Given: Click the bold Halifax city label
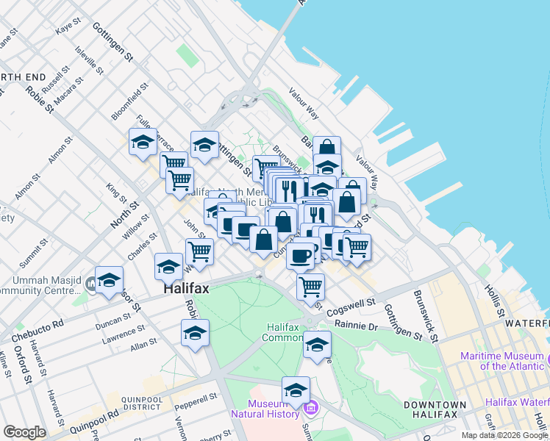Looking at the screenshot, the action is [x=185, y=290].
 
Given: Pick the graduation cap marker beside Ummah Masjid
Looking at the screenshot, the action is [x=110, y=280].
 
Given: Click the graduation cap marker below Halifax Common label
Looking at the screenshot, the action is [x=317, y=345].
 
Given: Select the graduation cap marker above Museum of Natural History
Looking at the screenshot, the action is [x=296, y=390].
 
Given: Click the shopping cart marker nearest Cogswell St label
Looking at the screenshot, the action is [x=311, y=285].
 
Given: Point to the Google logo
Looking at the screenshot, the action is [x=24, y=432].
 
